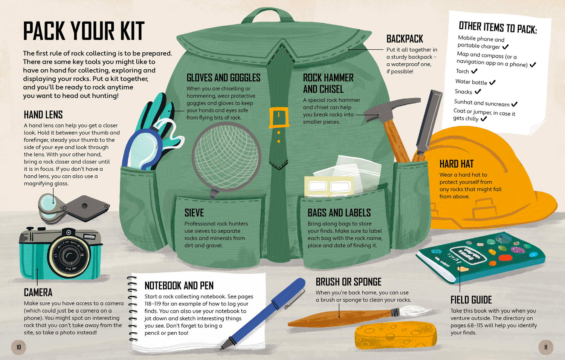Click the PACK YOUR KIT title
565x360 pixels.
coord(84,31)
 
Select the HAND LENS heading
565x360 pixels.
coord(43,115)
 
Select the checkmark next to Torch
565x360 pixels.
coord(474,71)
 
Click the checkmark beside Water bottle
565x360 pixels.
coord(492,82)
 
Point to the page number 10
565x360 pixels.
coord(19,347)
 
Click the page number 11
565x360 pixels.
coord(546,347)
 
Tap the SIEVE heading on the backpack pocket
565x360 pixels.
coord(194,213)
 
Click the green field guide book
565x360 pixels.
coord(481,257)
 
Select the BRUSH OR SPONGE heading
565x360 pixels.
coord(348,282)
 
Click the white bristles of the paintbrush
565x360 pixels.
coord(414,311)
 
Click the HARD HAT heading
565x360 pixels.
coord(457,164)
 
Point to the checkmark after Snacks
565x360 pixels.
coord(478,91)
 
